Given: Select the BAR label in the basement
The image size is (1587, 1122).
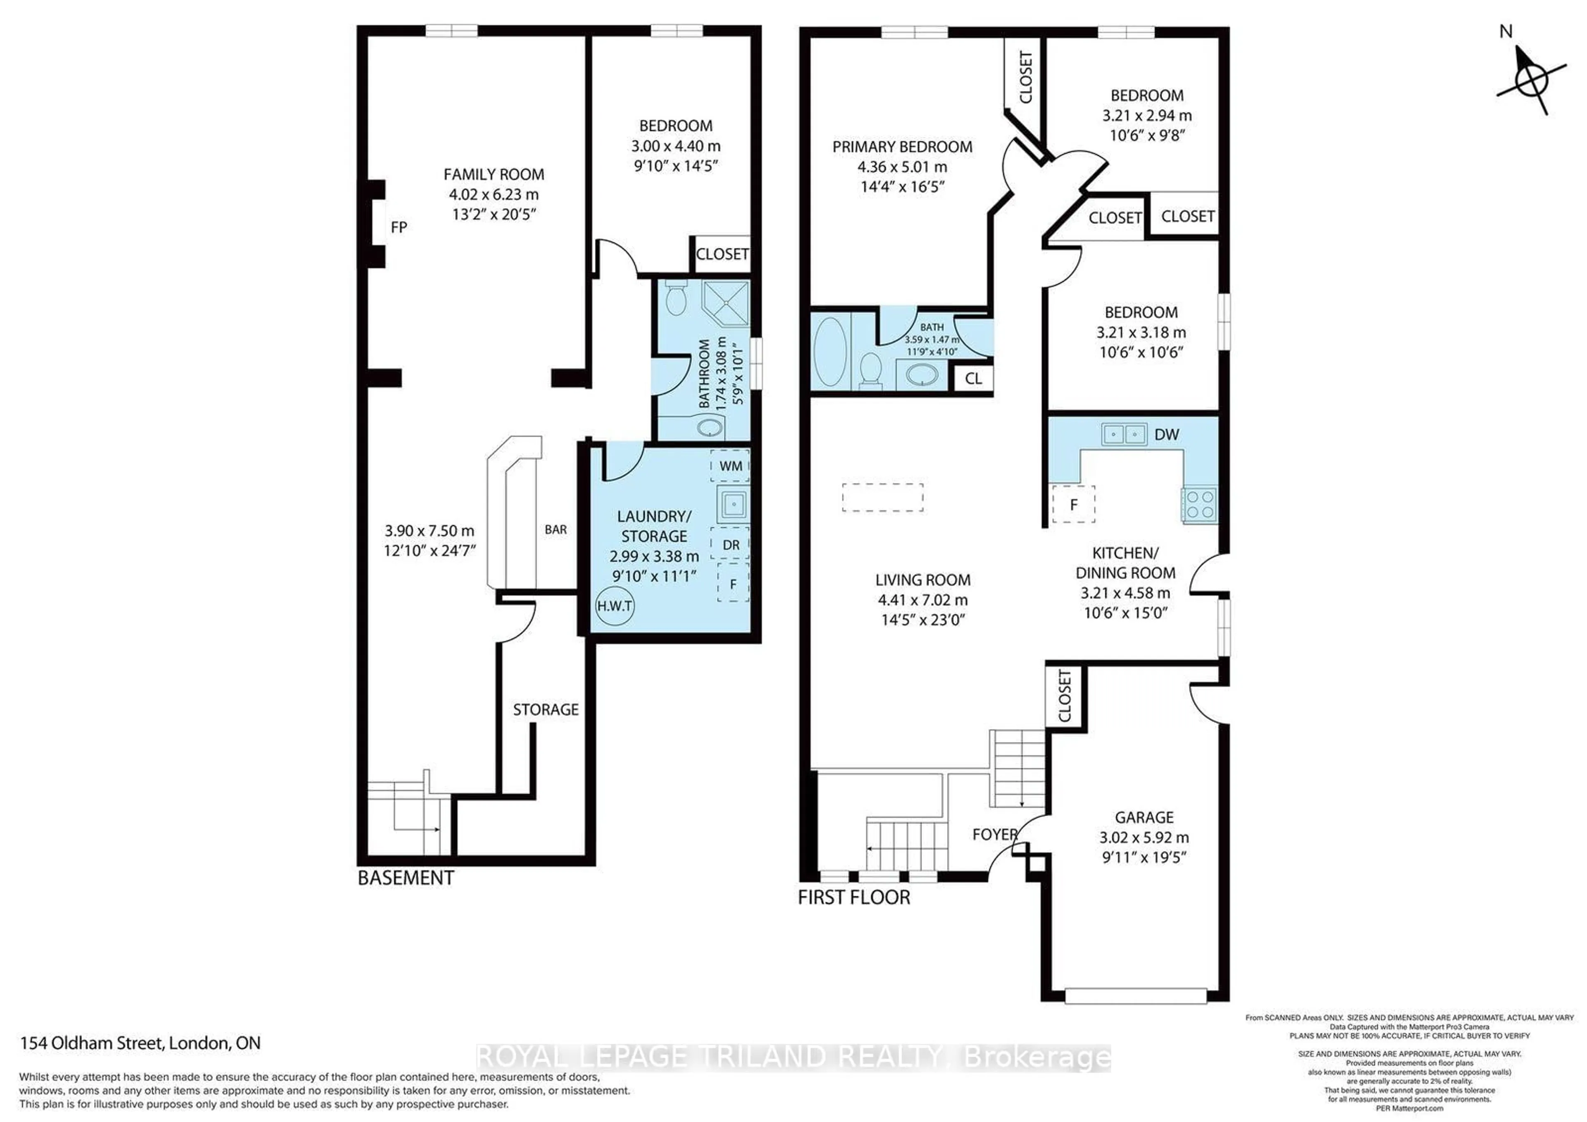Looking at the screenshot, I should (x=556, y=530).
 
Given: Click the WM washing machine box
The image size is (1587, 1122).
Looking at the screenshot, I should (x=731, y=466).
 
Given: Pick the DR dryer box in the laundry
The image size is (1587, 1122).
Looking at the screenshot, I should (x=731, y=545).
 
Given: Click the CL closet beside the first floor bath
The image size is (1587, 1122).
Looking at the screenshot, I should (x=973, y=379).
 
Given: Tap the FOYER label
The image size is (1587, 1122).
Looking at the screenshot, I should (x=995, y=834).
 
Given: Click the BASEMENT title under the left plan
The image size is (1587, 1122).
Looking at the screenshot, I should (x=406, y=879).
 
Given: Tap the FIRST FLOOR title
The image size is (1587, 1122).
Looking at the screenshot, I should (x=854, y=898).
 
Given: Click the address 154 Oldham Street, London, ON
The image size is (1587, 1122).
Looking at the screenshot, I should (x=141, y=1043).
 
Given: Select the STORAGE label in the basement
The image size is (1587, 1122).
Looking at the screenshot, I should (x=546, y=710).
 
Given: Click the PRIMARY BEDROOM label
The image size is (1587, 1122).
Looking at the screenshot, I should (x=902, y=147).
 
